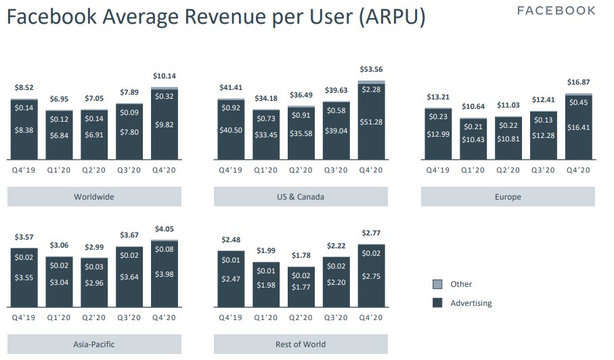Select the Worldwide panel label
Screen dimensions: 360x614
(94, 197)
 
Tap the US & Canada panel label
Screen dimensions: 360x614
(301, 197)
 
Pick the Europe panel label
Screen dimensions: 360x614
(508, 197)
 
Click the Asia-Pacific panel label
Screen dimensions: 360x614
(94, 344)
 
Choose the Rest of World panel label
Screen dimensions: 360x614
(301, 344)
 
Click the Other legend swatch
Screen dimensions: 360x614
(437, 284)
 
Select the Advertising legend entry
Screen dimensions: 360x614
(470, 303)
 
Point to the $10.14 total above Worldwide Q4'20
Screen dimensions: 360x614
(164, 76)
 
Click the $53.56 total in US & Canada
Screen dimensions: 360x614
(371, 69)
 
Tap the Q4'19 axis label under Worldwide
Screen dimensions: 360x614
(24, 170)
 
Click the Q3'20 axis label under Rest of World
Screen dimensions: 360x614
(336, 317)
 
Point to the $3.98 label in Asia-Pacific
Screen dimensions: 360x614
(164, 273)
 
